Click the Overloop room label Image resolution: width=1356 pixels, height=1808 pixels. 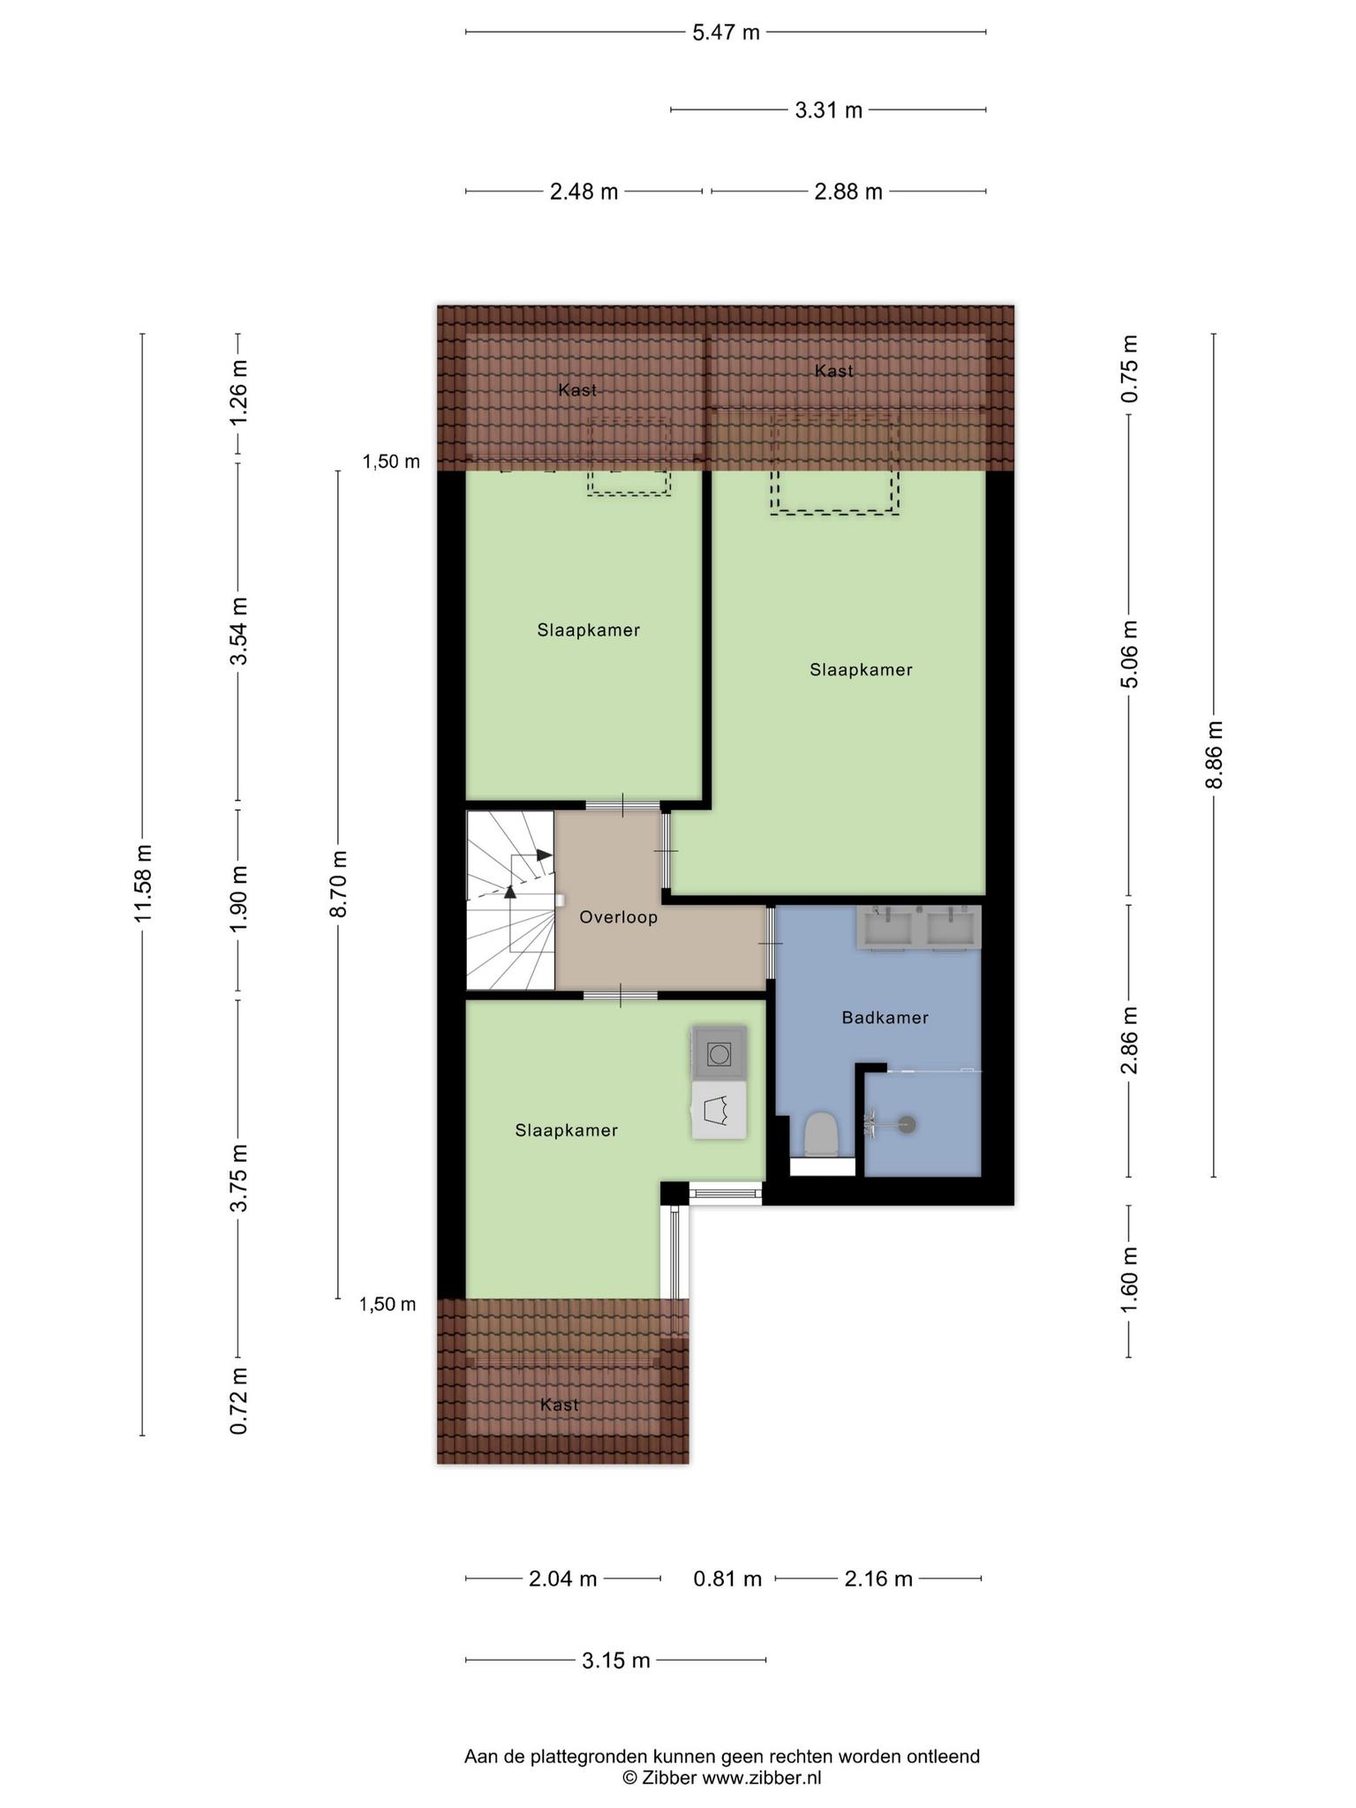tap(618, 917)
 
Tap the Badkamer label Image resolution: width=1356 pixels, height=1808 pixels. tap(885, 1018)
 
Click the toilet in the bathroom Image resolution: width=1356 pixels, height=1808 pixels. tap(822, 1134)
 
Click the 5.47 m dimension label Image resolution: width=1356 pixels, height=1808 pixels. tap(726, 33)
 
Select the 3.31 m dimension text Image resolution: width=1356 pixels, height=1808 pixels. tap(828, 110)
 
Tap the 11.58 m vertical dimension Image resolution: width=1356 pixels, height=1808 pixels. tap(143, 883)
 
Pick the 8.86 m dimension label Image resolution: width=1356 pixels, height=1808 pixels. tap(1215, 755)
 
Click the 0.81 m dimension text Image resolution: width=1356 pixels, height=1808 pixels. tap(727, 1578)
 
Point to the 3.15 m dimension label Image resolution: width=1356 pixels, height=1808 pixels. tap(615, 1661)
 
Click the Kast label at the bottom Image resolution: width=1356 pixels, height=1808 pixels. tap(560, 1405)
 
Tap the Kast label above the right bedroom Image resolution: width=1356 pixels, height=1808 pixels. tap(834, 371)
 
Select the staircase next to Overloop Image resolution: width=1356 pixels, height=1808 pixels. tap(510, 900)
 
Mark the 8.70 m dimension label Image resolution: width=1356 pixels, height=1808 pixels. tap(339, 884)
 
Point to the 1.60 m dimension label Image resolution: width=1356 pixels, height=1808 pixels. tap(1129, 1279)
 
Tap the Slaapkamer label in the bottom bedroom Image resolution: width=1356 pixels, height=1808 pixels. tap(567, 1130)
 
